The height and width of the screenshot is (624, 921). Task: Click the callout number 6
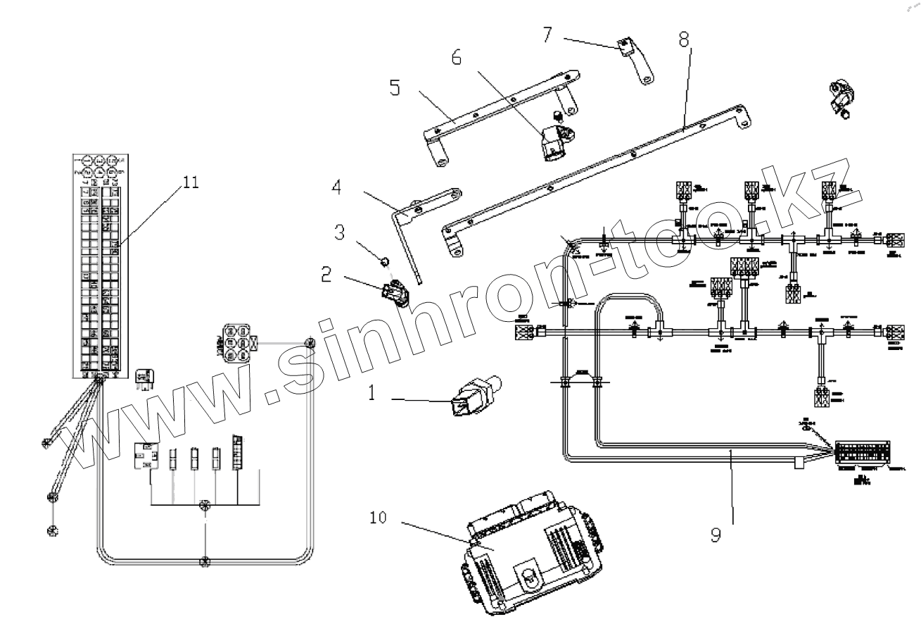[x=457, y=57]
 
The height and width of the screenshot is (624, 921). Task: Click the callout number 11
[x=190, y=182]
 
